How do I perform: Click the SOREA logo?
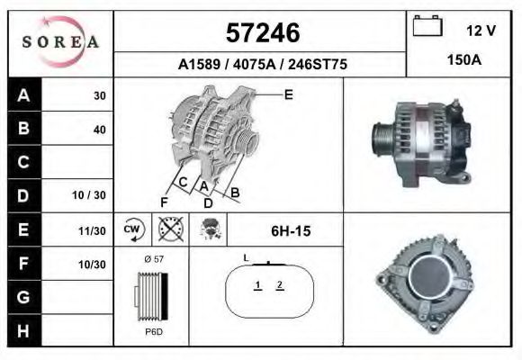[x=60, y=42]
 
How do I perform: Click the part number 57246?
[x=260, y=33]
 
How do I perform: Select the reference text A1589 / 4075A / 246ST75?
[x=260, y=65]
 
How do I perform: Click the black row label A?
[x=22, y=95]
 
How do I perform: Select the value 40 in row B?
[x=99, y=129]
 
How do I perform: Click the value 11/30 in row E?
[x=93, y=230]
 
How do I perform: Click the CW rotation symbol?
[x=133, y=229]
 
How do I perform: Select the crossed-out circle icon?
[x=170, y=229]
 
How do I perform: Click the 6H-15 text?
[x=291, y=231]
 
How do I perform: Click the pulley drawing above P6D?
[x=151, y=295]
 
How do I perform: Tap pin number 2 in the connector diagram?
[x=280, y=285]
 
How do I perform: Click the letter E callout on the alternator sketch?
[x=288, y=94]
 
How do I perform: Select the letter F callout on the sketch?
[x=164, y=200]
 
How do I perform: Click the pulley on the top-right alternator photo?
[x=382, y=141]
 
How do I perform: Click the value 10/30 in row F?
[x=93, y=264]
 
